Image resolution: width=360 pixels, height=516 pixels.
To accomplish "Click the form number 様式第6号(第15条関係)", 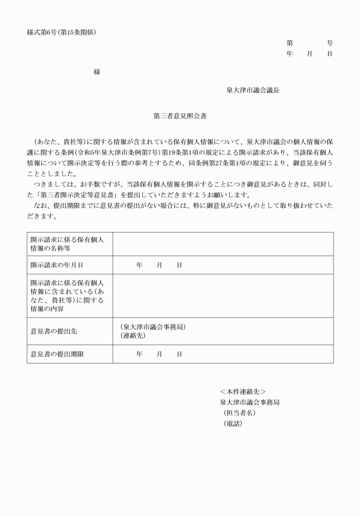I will click(61, 31).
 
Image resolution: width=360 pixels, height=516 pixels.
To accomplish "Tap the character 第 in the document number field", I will click(290, 43).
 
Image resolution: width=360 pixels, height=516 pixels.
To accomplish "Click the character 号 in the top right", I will click(330, 43).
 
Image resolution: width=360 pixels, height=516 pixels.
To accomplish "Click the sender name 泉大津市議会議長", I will click(253, 90).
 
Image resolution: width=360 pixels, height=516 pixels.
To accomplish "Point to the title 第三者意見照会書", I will click(180, 115).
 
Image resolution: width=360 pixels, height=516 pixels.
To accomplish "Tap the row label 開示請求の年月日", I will click(57, 265).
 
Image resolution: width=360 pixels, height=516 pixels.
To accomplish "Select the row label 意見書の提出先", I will click(53, 331).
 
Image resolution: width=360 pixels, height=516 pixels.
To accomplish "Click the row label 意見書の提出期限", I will click(57, 354).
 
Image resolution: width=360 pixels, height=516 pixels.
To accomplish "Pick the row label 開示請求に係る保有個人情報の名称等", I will click(63, 245).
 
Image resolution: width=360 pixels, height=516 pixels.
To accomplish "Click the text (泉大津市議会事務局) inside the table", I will click(153, 327).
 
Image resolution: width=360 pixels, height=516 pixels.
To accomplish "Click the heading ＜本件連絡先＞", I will click(242, 392).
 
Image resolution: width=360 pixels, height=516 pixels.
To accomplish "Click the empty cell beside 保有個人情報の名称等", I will click(223, 245).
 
